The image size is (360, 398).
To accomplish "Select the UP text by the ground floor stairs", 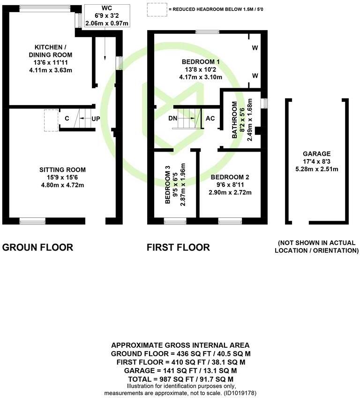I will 95,119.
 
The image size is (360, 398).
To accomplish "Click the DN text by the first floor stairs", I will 173,118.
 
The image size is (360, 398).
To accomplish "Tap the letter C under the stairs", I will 67,119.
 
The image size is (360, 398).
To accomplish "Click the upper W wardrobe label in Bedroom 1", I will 255,48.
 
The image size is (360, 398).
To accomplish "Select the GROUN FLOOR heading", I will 38,247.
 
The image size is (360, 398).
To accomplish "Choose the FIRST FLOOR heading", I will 178,247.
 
